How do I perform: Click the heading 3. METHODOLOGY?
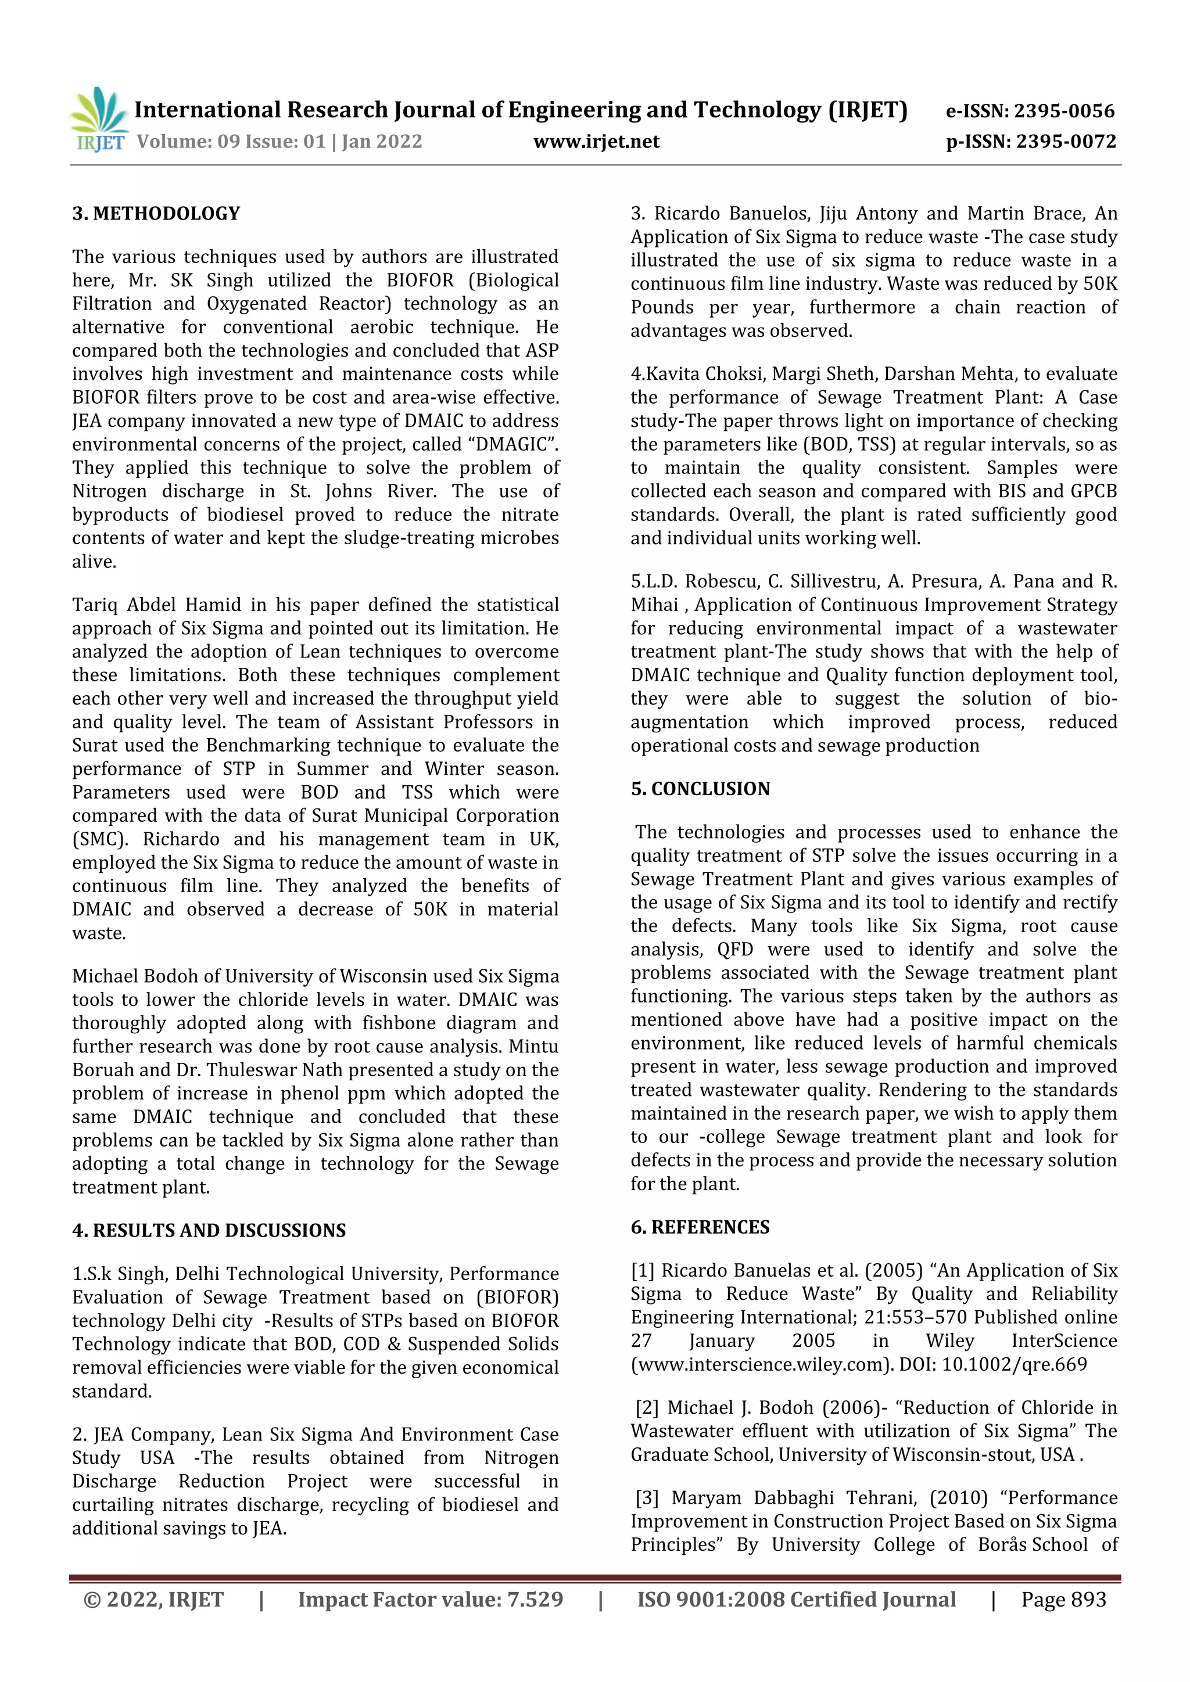click(156, 213)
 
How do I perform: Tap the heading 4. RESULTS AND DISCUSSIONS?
click(209, 1230)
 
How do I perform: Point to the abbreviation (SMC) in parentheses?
click(99, 839)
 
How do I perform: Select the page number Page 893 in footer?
click(1063, 1599)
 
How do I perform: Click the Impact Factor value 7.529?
click(536, 1599)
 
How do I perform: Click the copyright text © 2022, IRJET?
click(154, 1599)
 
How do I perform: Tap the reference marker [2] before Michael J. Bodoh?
click(647, 1407)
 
